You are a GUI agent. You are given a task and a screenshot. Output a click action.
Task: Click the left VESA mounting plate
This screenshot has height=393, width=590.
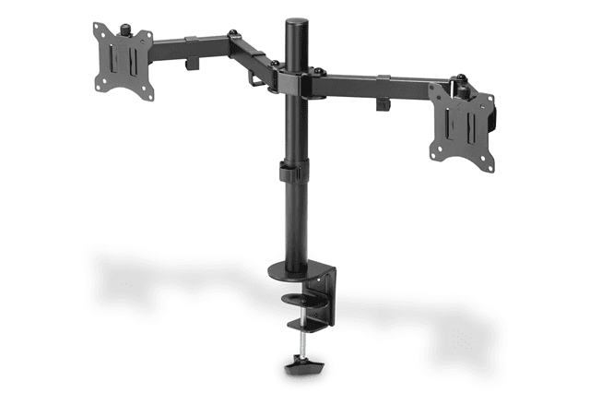click(x=124, y=60)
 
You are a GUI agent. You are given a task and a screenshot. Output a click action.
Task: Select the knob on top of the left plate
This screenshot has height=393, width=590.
click(x=120, y=29)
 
